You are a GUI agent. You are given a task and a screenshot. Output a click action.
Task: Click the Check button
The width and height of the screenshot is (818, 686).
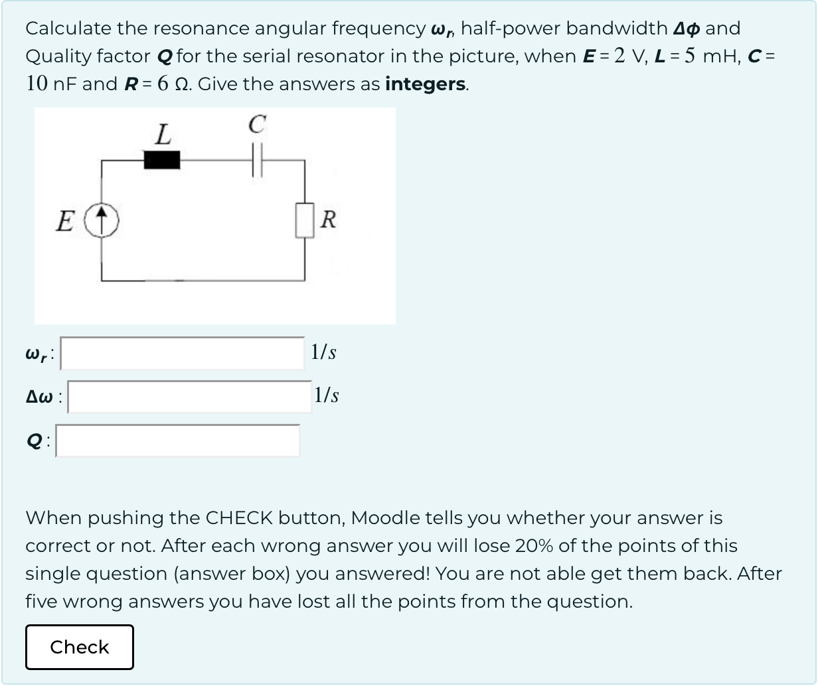click(x=80, y=647)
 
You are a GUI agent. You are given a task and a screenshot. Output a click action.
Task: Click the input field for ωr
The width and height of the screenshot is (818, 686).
click(x=183, y=353)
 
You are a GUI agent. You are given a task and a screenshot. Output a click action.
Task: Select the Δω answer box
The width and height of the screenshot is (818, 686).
click(x=189, y=397)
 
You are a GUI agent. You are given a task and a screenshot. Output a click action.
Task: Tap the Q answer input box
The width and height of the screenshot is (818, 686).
click(x=177, y=441)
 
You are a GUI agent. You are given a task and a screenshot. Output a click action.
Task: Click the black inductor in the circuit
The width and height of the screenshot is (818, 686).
click(x=162, y=160)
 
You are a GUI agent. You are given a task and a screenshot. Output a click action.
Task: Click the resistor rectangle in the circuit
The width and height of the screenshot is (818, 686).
click(x=305, y=220)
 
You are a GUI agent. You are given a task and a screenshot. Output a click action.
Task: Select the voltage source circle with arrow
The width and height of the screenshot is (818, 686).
click(x=102, y=220)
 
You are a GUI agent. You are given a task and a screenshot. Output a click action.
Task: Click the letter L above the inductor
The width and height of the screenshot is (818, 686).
click(x=162, y=135)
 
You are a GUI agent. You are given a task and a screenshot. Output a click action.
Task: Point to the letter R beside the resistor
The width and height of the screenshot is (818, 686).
click(x=328, y=220)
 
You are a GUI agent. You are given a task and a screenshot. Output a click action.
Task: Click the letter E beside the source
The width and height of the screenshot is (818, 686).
click(x=65, y=221)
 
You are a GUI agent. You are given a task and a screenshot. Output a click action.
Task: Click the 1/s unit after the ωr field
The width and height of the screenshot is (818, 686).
click(x=323, y=352)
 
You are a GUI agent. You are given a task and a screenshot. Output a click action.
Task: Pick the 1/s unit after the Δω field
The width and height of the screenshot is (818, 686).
click(x=327, y=395)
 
